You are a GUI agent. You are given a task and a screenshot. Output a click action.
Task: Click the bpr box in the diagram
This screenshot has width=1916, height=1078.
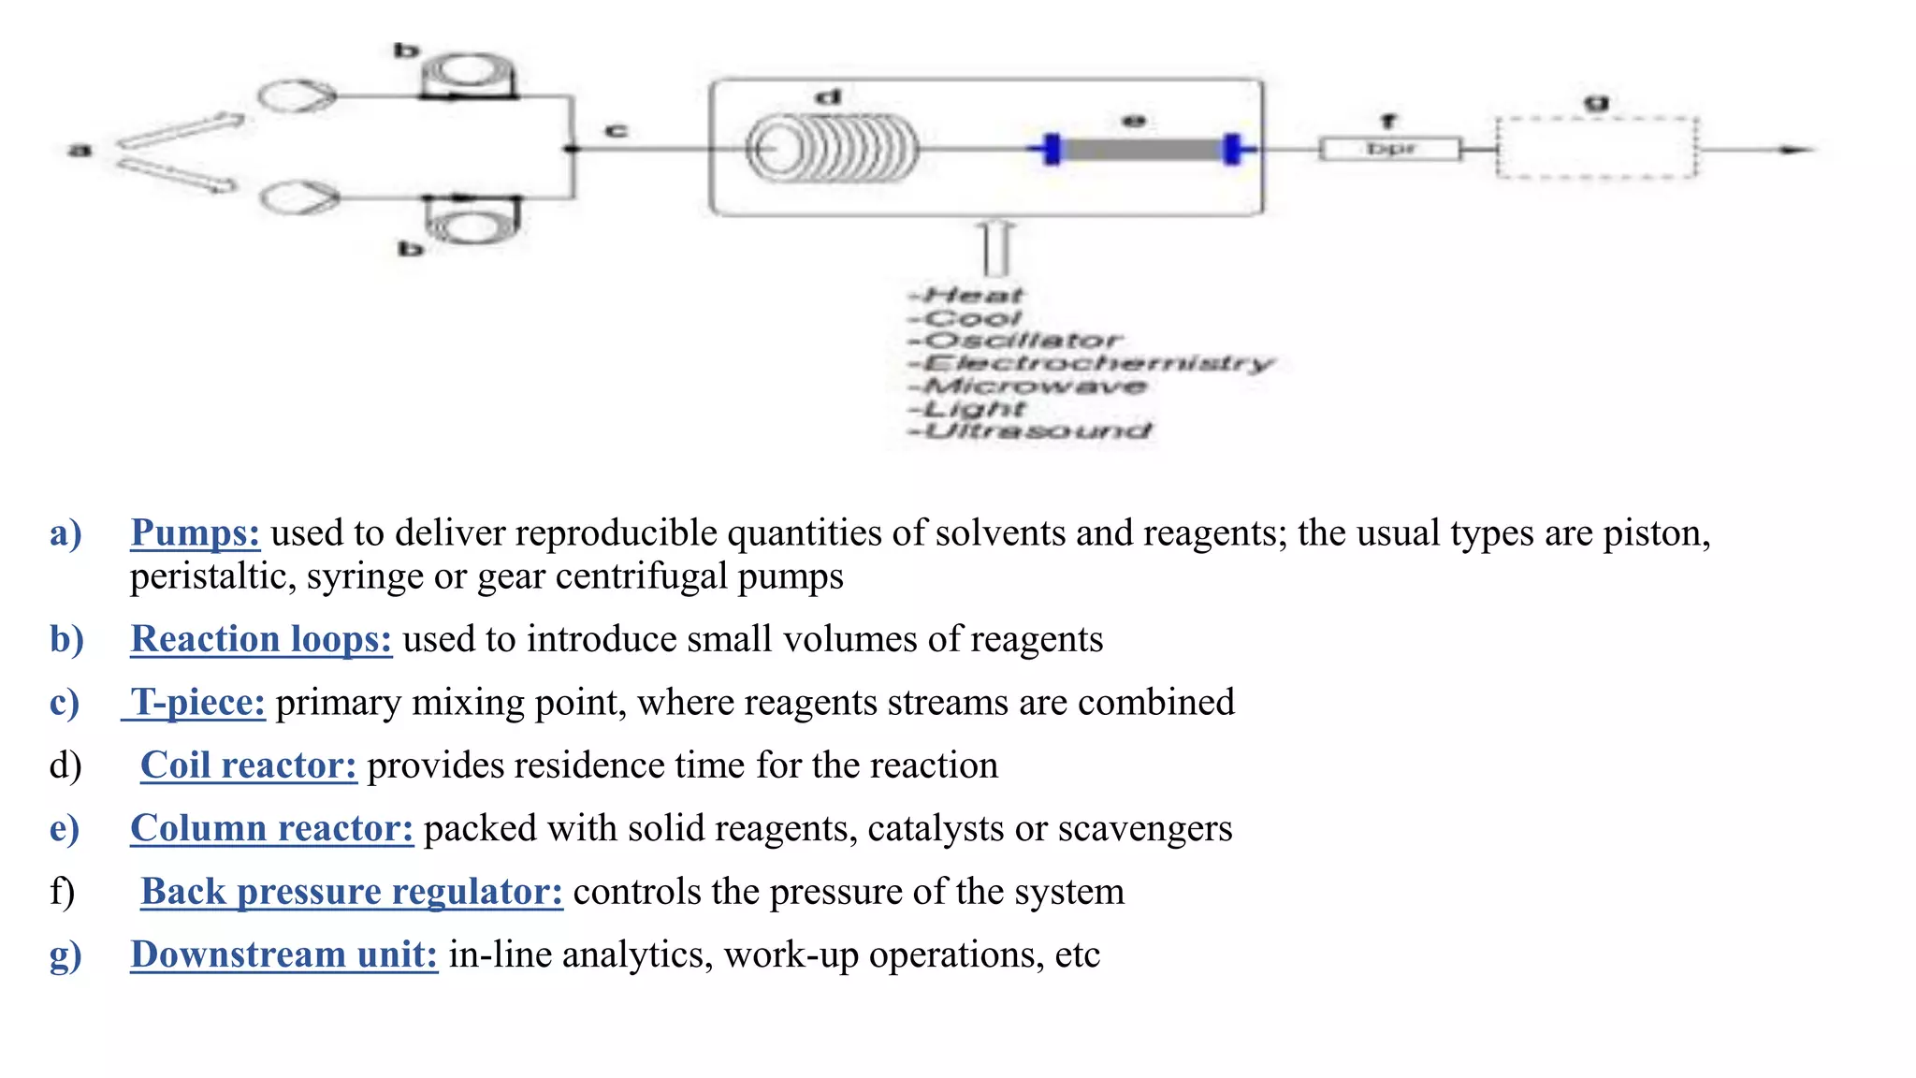[x=1390, y=149]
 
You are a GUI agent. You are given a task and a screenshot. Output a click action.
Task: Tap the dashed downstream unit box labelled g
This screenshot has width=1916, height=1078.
[x=1596, y=148]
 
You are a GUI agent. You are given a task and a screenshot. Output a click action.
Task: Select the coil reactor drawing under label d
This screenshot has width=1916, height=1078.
[x=833, y=149]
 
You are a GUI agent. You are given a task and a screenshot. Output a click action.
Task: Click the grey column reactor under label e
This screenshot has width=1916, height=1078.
[x=1142, y=149]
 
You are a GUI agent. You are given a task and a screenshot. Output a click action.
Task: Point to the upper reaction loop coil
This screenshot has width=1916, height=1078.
[x=469, y=75]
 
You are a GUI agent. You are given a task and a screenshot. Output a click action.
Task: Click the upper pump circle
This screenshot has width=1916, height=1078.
[x=296, y=95]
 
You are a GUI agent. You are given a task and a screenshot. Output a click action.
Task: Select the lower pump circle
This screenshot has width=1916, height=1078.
[x=299, y=197]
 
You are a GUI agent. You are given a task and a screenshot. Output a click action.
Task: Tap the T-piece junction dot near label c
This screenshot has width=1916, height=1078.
[x=572, y=149]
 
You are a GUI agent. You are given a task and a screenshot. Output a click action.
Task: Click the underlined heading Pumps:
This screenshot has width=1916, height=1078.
[x=195, y=533]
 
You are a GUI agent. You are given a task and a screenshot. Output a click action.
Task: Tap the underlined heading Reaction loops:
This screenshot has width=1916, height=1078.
[x=261, y=639]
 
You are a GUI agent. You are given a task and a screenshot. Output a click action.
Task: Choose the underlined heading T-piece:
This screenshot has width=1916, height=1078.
[x=197, y=703]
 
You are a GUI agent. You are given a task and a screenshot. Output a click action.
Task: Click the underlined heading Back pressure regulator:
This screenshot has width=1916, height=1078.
[x=352, y=892]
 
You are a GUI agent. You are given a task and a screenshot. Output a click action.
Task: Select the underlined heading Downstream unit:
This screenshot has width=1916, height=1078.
[x=283, y=954]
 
